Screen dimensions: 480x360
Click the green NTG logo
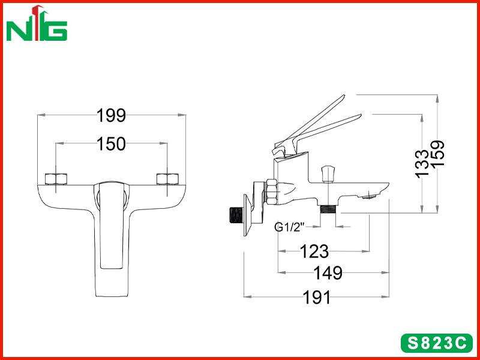37,23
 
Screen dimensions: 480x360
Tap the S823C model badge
437,343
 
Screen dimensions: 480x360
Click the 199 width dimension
111,116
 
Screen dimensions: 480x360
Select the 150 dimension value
111,144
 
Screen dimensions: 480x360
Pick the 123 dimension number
314,251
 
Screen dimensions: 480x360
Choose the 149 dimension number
328,273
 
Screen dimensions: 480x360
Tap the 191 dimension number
317,297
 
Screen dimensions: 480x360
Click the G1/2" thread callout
290,227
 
